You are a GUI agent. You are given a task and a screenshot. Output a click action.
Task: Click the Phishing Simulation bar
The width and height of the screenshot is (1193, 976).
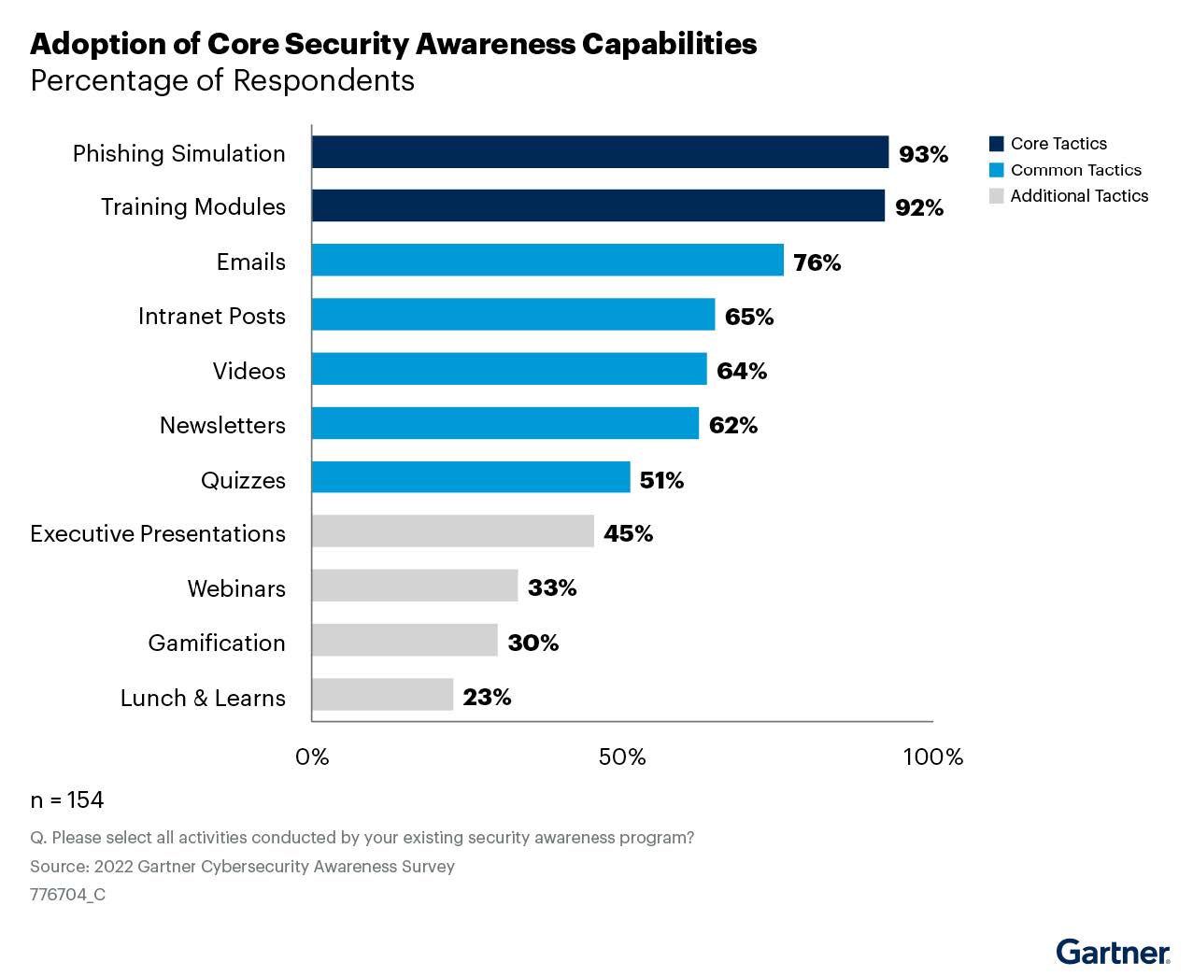tap(600, 152)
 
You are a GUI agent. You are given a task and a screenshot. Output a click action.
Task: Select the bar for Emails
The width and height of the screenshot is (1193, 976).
tap(547, 261)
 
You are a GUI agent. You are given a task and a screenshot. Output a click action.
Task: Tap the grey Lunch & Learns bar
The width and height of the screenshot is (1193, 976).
tap(382, 696)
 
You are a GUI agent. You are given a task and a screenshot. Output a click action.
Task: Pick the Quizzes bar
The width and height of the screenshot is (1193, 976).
tap(471, 477)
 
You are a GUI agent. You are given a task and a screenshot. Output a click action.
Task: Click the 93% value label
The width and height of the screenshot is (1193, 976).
tap(923, 154)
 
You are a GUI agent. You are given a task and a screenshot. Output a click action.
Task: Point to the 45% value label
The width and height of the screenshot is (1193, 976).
tap(628, 533)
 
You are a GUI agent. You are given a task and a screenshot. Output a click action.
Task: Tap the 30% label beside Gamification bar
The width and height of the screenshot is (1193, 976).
tap(533, 643)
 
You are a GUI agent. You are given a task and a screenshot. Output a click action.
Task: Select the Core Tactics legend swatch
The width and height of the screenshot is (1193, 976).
tap(996, 144)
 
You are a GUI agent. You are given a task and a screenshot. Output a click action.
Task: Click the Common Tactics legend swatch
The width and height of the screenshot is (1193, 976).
tap(996, 170)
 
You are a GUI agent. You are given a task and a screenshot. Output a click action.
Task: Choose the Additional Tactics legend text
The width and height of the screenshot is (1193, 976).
tap(1079, 196)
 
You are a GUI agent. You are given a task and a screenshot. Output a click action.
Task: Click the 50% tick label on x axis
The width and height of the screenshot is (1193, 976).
tap(622, 757)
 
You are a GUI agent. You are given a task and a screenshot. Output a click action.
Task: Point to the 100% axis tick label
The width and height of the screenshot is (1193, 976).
tap(932, 757)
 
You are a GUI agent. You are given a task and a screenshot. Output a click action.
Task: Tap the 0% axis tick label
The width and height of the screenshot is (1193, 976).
tap(312, 757)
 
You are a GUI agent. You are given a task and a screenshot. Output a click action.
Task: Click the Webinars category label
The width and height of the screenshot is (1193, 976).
tap(236, 588)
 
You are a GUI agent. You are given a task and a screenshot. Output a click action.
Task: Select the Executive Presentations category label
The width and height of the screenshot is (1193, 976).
tap(158, 534)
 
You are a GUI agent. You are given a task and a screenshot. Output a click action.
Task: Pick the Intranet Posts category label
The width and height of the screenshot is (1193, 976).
tap(211, 317)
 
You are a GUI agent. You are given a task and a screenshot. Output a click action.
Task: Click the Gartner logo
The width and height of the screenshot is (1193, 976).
tap(1113, 952)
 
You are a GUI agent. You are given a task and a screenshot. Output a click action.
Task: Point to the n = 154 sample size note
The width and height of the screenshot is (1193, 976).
tap(67, 800)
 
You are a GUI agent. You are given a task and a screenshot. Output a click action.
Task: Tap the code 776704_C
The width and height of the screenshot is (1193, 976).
tap(67, 895)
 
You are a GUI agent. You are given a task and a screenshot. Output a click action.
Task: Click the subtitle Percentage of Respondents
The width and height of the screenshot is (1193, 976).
tap(222, 81)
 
